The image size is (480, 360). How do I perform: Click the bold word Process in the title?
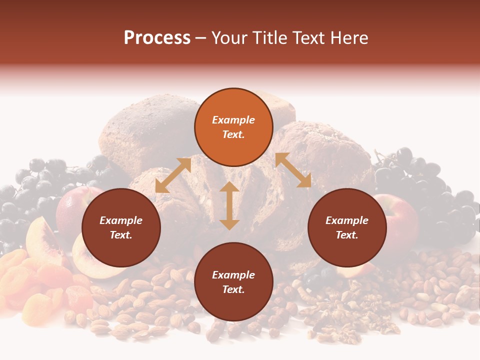tap(157, 37)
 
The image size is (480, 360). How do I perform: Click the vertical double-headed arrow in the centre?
tap(229, 205)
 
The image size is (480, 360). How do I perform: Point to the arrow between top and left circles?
tap(173, 175)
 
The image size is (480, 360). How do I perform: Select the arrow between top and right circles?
tap(293, 170)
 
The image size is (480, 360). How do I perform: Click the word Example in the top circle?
tap(233, 120)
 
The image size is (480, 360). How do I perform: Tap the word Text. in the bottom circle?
tap(233, 289)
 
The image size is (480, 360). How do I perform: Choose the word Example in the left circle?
tap(121, 220)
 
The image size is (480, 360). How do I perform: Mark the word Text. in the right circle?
tap(347, 235)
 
